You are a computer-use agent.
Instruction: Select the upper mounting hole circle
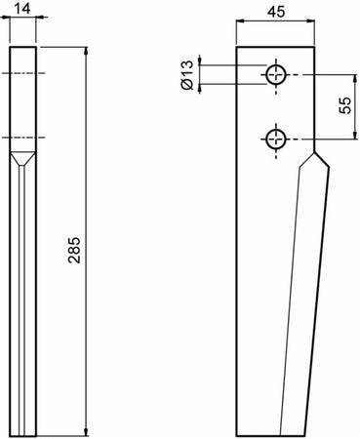(x=277, y=74)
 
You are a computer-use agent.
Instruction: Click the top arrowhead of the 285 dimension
(x=87, y=49)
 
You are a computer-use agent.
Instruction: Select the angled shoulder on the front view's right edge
(x=319, y=156)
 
